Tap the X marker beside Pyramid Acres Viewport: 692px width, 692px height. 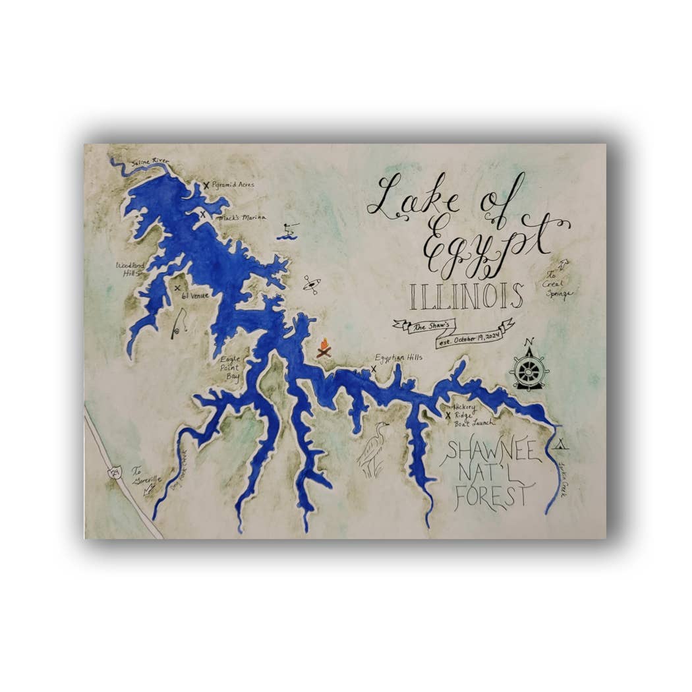tap(206, 185)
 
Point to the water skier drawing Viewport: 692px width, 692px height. tap(287, 231)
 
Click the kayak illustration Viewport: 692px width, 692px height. tap(312, 285)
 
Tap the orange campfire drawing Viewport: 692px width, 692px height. tap(324, 348)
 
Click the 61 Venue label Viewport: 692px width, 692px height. tap(195, 295)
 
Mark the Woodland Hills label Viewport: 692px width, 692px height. tap(129, 269)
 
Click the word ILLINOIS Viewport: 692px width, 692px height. tap(466, 297)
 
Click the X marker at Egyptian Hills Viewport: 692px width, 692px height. tap(374, 369)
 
